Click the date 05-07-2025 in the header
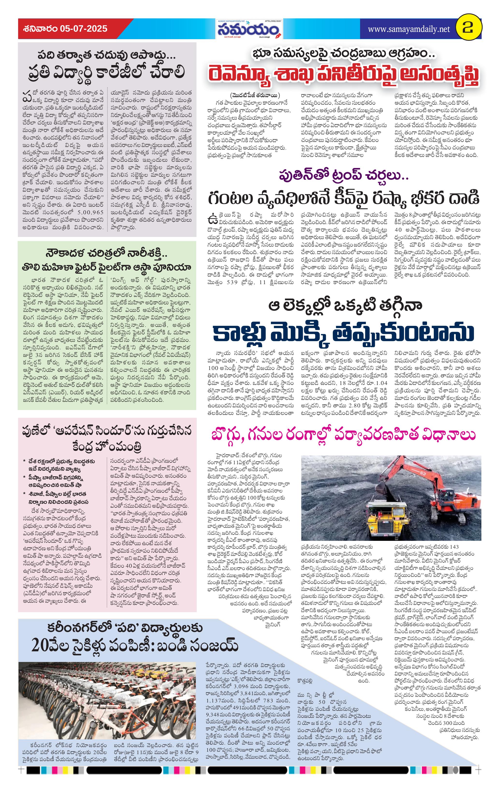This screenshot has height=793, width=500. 84,29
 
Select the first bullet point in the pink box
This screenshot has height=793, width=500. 61,465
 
